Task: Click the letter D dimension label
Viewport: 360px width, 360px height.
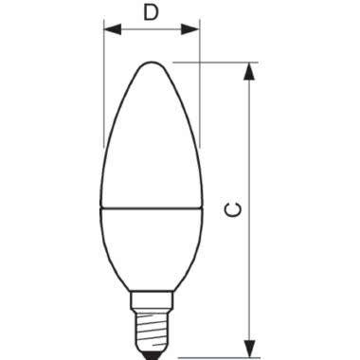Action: click(150, 12)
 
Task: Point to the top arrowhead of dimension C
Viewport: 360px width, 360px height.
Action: click(250, 70)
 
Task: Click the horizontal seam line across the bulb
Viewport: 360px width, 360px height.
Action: click(151, 207)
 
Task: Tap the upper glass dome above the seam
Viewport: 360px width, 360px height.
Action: click(151, 142)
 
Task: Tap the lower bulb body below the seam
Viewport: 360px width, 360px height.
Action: click(151, 242)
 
